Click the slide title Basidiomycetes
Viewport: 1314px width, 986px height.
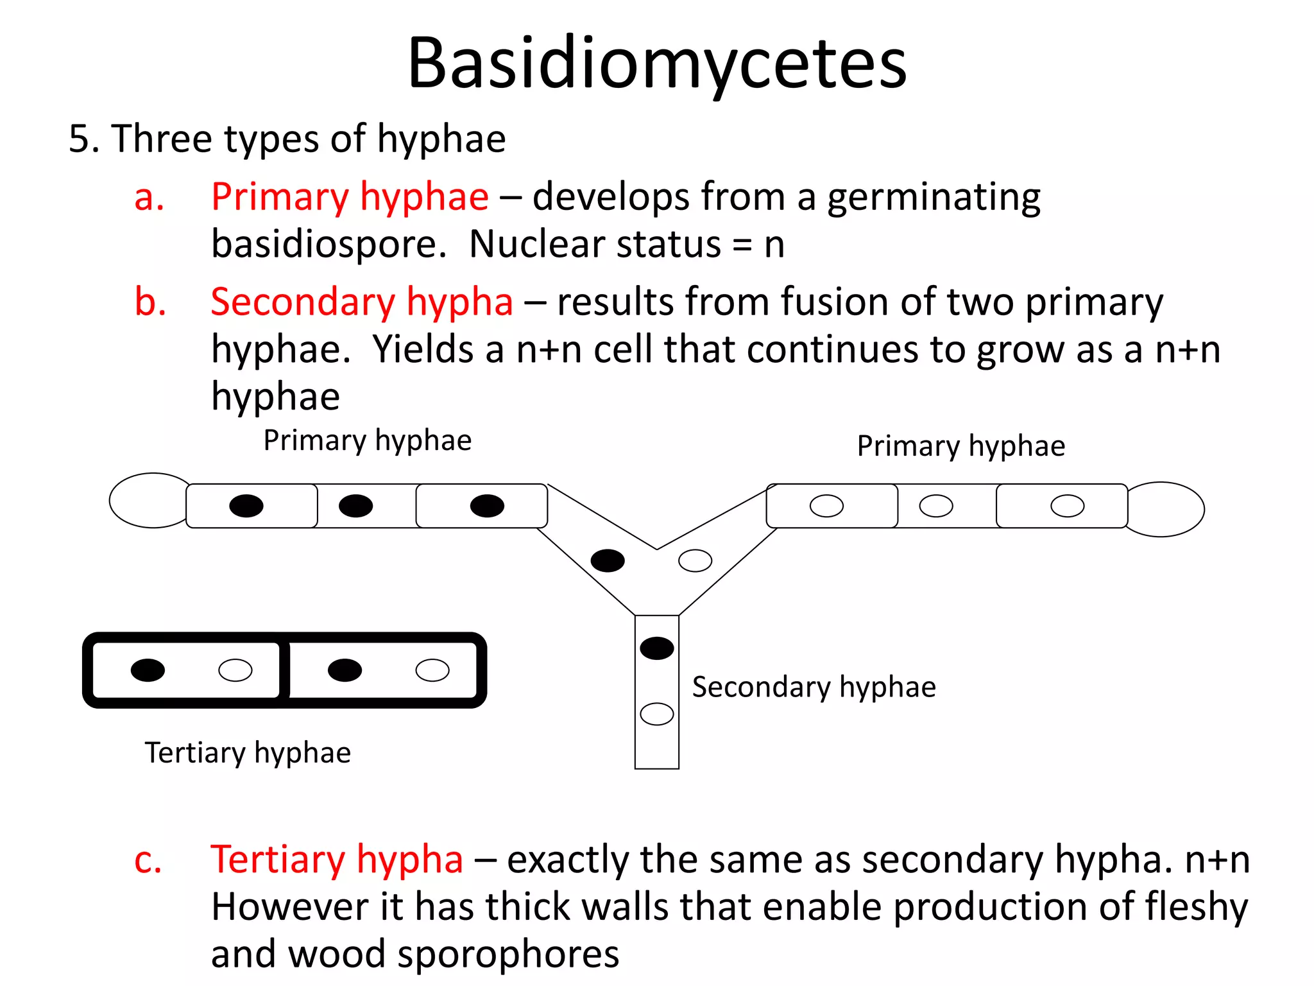(657, 63)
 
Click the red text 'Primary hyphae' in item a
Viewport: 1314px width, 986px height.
(350, 196)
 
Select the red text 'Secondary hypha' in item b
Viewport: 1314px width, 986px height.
(362, 302)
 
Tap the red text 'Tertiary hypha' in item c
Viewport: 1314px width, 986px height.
(337, 860)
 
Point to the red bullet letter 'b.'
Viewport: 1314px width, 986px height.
(150, 302)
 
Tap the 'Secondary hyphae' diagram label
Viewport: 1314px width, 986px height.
(814, 688)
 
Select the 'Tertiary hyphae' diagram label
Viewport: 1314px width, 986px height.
(248, 753)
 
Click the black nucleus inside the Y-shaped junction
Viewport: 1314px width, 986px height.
(607, 560)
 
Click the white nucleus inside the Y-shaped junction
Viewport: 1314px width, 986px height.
(695, 560)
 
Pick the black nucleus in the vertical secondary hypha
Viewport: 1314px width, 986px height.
(656, 648)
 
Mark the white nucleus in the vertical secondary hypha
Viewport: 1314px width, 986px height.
(656, 714)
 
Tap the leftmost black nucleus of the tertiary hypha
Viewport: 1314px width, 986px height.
(148, 670)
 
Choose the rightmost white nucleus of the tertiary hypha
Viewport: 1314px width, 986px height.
(432, 670)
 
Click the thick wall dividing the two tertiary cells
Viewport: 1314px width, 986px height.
(284, 670)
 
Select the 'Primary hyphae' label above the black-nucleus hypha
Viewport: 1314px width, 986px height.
(367, 441)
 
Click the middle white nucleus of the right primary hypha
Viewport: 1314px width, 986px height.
(935, 506)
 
